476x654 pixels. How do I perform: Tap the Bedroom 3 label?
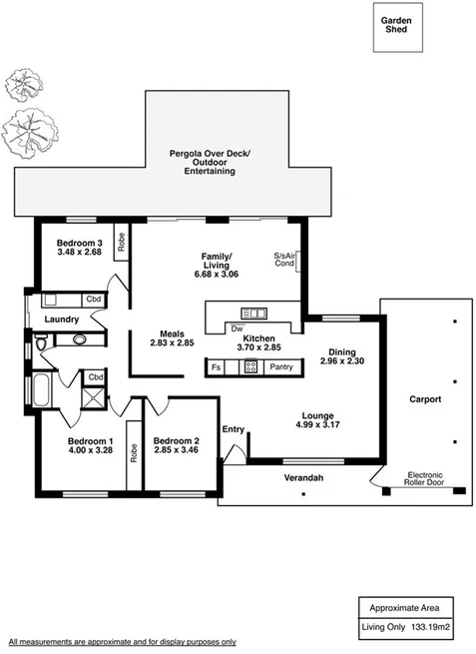79,244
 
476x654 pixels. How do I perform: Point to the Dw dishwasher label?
237,327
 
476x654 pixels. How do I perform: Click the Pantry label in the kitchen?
280,366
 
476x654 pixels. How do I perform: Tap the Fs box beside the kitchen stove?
216,366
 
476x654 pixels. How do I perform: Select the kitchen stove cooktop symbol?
251,366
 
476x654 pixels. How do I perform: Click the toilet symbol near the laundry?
42,342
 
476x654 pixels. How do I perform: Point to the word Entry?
233,429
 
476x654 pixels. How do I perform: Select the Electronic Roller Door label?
430,478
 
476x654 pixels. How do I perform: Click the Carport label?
426,399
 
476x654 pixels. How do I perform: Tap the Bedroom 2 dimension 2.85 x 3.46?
177,451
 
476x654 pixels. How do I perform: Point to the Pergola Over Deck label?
210,154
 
